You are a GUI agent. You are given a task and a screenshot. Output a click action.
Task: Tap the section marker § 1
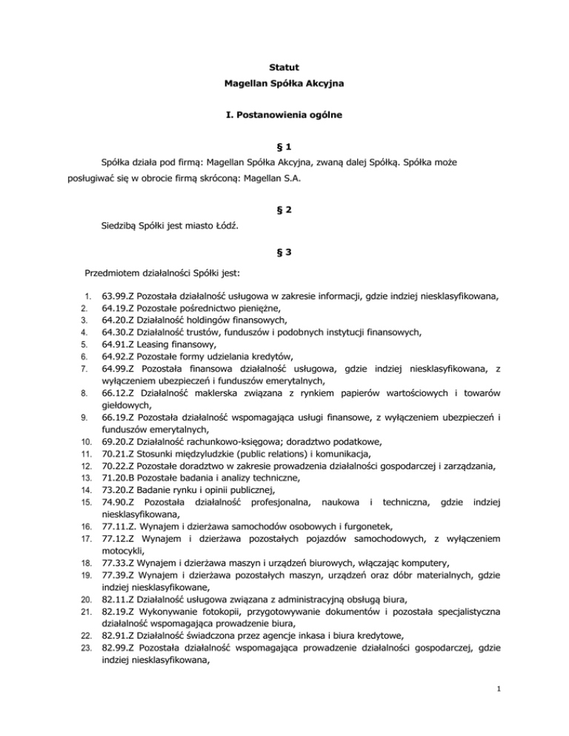click(x=284, y=163)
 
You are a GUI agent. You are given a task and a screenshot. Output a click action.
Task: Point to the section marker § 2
click(x=284, y=210)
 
